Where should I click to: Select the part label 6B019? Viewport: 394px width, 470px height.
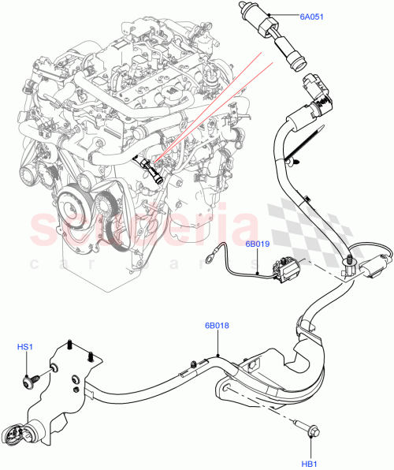pyautogui.click(x=257, y=244)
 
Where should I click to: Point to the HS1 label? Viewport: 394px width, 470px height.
pyautogui.click(x=26, y=347)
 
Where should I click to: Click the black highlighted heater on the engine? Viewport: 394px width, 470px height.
pyautogui.click(x=152, y=169)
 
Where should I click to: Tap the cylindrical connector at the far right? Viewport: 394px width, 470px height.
pyautogui.click(x=370, y=266)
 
